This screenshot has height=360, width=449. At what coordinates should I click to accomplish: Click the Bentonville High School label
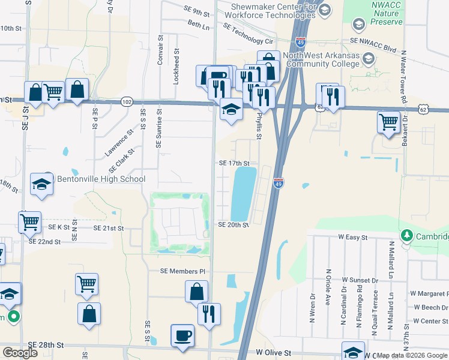click(100, 179)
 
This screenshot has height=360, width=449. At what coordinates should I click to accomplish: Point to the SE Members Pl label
click(182, 271)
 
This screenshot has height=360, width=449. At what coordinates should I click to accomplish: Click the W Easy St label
click(352, 238)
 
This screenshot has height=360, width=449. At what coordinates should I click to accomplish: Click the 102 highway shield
click(127, 102)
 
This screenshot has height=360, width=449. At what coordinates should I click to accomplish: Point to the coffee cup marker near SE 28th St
click(182, 335)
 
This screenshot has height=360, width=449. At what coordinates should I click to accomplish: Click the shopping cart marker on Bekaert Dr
click(389, 122)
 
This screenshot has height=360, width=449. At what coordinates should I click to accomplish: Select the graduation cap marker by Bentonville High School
click(42, 183)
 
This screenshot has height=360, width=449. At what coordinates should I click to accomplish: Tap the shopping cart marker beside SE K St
click(29, 221)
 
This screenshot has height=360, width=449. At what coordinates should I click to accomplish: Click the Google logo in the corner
click(20, 353)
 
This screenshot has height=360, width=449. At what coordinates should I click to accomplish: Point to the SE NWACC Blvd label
click(373, 40)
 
